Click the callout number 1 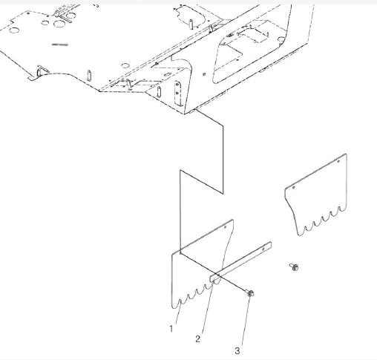[x=171, y=329]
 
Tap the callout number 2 [x=197, y=339]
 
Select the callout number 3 [x=237, y=350]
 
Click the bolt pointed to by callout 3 [x=250, y=293]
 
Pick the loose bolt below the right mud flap [x=295, y=267]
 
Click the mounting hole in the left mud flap [x=225, y=227]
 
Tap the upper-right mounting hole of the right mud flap [x=339, y=162]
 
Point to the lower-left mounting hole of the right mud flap [x=294, y=188]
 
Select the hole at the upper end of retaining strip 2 [x=263, y=249]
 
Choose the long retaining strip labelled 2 [x=240, y=261]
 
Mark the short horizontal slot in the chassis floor [x=59, y=45]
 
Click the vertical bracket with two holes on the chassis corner [x=177, y=94]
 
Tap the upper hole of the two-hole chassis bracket [x=177, y=85]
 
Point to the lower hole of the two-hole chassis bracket [x=177, y=93]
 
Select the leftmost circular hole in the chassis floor [x=13, y=30]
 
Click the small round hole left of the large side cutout [x=204, y=74]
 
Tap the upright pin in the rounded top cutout [x=191, y=24]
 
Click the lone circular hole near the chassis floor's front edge [x=125, y=65]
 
